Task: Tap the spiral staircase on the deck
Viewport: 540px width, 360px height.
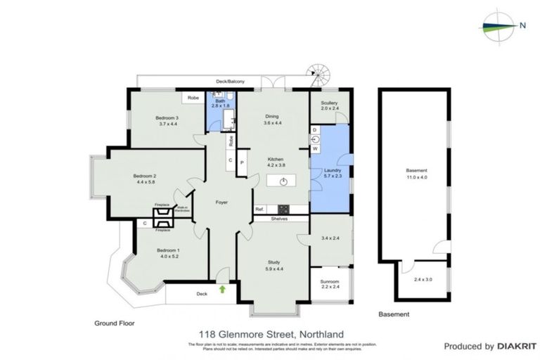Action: point(319,74)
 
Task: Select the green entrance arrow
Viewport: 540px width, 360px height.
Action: point(222,288)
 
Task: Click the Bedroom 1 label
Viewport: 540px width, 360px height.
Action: point(168,250)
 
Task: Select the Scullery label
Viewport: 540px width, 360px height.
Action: point(330,103)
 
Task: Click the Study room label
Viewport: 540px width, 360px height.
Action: point(274,262)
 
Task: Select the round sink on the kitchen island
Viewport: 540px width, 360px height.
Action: point(283,181)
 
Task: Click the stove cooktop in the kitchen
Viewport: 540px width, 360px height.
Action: point(284,208)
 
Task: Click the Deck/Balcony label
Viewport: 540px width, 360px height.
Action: point(230,82)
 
